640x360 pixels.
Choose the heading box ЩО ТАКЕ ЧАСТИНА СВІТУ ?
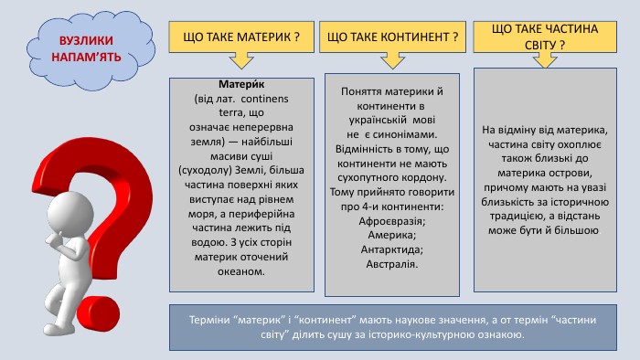pyautogui.click(x=545, y=37)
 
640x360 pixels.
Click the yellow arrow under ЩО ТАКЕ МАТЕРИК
pyautogui.click(x=242, y=60)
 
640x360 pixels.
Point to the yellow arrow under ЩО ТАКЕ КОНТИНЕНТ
pyautogui.click(x=392, y=60)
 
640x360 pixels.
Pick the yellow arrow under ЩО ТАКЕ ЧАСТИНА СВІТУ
pyautogui.click(x=545, y=59)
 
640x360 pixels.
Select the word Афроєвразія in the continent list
pyautogui.click(x=391, y=221)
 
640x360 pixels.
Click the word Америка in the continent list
pyautogui.click(x=392, y=235)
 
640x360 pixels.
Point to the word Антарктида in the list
pyautogui.click(x=391, y=249)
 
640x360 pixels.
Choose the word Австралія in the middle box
pyautogui.click(x=391, y=264)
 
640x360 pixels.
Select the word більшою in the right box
pyautogui.click(x=577, y=231)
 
